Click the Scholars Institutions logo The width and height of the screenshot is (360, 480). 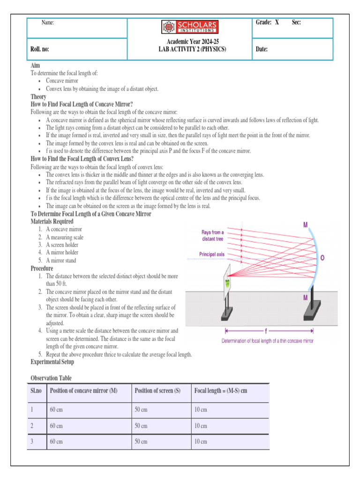189,27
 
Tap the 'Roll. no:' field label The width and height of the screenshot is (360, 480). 40,49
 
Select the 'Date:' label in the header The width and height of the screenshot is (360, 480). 262,49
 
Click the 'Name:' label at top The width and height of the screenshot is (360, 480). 48,22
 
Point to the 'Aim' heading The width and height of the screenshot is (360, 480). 35,66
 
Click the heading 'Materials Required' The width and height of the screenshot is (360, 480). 52,221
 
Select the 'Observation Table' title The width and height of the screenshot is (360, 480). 51,378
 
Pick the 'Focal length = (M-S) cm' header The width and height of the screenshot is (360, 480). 220,391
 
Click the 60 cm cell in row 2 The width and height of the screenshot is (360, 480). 56,426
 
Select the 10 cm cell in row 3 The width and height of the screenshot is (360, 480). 200,442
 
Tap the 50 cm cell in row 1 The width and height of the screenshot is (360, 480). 141,410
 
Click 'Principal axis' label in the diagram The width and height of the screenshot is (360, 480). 212,255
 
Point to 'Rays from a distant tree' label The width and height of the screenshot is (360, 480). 212,235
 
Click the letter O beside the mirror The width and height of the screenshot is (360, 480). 322,258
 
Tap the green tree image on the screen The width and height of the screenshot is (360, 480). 227,283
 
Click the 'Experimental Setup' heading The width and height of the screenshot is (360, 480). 52,362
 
